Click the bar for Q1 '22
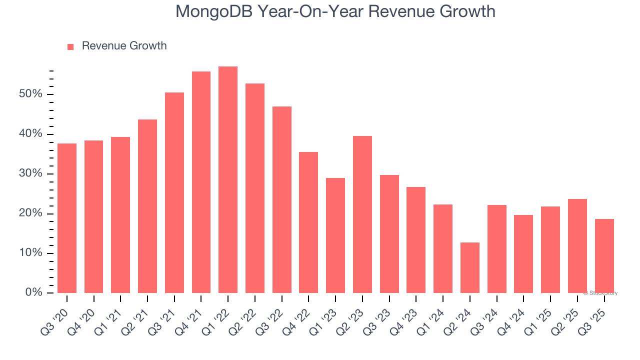coord(228,180)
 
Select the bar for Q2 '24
coord(470,268)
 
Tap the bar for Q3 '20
coord(67,218)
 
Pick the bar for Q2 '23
coord(362,214)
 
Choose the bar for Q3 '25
coord(604,256)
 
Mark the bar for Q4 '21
coord(201,182)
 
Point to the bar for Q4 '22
coord(308,222)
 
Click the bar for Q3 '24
coord(497,249)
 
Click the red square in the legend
coord(70,46)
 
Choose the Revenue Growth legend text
coord(124,46)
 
